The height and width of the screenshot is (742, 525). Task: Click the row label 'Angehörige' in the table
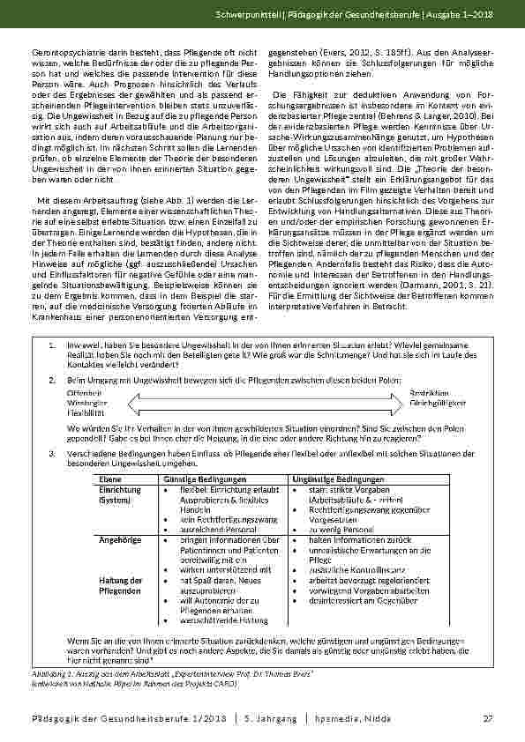point(116,539)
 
